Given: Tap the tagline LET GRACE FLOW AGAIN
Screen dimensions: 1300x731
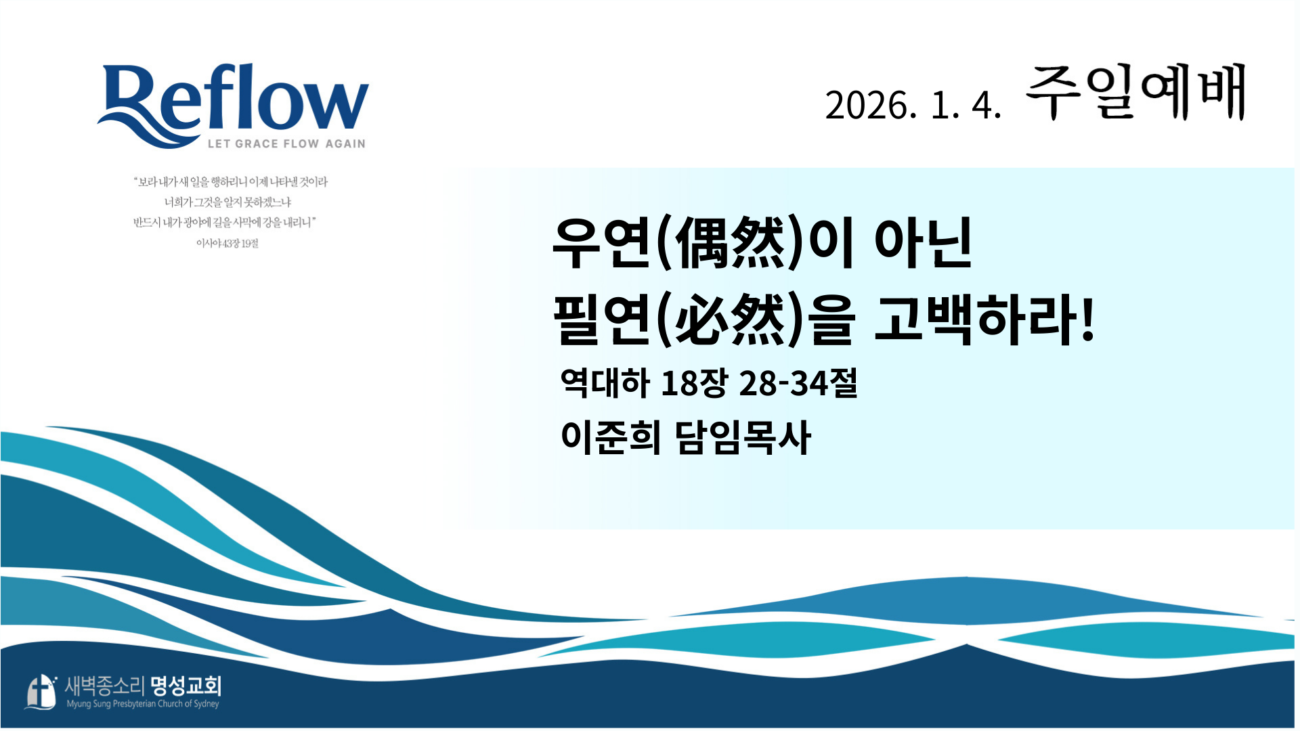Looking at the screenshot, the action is [x=286, y=143].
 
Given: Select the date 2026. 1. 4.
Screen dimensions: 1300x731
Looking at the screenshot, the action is [x=913, y=106].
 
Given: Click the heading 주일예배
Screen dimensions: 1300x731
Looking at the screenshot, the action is [x=1136, y=93].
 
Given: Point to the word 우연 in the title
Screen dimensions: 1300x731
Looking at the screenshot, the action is [x=602, y=243].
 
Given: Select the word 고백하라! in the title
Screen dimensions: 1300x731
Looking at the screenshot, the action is [x=984, y=319].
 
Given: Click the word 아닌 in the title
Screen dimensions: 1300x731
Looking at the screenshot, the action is [x=924, y=243].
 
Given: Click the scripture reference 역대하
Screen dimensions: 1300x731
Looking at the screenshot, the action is [x=605, y=382].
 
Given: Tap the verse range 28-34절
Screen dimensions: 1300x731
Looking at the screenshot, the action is [x=798, y=382].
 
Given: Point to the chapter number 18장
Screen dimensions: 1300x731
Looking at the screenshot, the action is [x=694, y=382].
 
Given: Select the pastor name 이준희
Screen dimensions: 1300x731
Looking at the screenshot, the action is [x=611, y=437].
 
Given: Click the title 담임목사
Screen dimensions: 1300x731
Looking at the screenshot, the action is [x=743, y=437].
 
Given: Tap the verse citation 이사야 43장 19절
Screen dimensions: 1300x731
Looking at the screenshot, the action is [x=227, y=243].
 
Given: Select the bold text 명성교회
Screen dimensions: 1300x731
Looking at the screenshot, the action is [x=186, y=686].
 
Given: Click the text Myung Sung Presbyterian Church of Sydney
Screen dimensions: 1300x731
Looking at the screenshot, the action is [x=143, y=704].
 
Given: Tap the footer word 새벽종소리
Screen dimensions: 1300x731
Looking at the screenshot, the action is [x=105, y=686].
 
